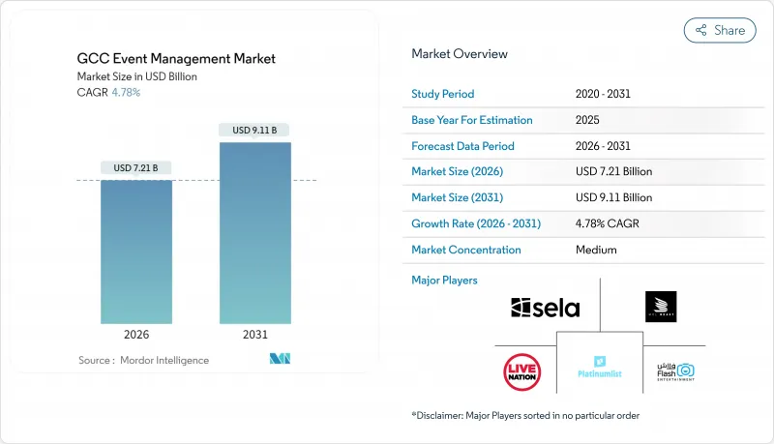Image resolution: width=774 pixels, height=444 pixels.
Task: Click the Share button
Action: click(720, 30)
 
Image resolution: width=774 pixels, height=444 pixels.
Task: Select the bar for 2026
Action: click(136, 252)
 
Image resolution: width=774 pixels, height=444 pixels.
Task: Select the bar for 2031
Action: click(255, 232)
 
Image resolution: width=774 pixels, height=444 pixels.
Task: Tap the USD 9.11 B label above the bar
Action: click(255, 130)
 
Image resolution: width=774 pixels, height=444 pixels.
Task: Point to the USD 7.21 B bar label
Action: click(136, 167)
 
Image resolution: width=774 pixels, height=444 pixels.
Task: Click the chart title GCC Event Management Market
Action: click(176, 59)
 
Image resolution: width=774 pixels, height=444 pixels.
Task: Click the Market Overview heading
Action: click(459, 54)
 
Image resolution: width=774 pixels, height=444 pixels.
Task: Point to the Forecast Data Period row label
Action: click(462, 146)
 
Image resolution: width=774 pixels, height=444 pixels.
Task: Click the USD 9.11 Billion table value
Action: click(613, 197)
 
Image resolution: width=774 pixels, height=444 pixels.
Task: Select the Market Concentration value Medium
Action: click(595, 250)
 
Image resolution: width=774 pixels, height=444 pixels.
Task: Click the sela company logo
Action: click(546, 309)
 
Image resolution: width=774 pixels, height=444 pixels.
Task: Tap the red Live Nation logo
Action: click(522, 371)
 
